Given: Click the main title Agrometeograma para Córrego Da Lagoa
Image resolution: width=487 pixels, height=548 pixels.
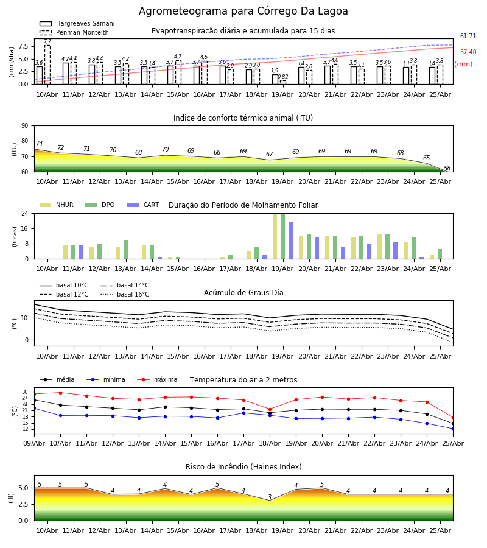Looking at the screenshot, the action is [243, 11].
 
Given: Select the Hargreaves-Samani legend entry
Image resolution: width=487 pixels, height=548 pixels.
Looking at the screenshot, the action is [77, 23].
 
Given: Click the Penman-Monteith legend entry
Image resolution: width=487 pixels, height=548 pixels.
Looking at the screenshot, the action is [74, 32].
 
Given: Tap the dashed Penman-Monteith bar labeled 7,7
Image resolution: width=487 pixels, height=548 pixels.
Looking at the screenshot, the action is [47, 65].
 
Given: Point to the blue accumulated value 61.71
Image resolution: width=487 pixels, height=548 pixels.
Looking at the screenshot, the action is [468, 36].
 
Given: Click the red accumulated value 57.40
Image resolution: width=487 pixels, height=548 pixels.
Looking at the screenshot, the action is [468, 52].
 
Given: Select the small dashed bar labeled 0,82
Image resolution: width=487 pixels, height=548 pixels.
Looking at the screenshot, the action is [283, 82].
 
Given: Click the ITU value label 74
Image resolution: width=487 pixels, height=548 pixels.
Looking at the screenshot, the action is [39, 143].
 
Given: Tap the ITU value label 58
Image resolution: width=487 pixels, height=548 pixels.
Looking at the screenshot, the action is [447, 168].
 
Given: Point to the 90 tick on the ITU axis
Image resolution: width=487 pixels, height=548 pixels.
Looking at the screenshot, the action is [25, 126].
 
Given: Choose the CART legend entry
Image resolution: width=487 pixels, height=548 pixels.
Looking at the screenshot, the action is [143, 205].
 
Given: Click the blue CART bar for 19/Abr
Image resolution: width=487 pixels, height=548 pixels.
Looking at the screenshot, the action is [290, 241].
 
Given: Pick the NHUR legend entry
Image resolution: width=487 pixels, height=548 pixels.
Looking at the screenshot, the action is [57, 205].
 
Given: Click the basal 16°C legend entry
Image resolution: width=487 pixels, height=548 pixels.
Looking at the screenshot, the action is [125, 294].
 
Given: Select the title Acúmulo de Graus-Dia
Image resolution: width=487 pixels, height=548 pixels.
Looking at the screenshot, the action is [243, 292].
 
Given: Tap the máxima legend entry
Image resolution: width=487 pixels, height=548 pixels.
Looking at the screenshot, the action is [157, 379].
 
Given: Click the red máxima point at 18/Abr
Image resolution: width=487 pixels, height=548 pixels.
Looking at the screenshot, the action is [270, 409].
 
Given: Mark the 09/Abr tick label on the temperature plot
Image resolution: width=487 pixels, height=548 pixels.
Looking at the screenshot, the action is [34, 443].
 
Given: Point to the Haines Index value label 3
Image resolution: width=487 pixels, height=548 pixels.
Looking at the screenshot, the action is [270, 497].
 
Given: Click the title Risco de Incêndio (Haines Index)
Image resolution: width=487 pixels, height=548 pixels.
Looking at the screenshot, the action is [243, 466].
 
